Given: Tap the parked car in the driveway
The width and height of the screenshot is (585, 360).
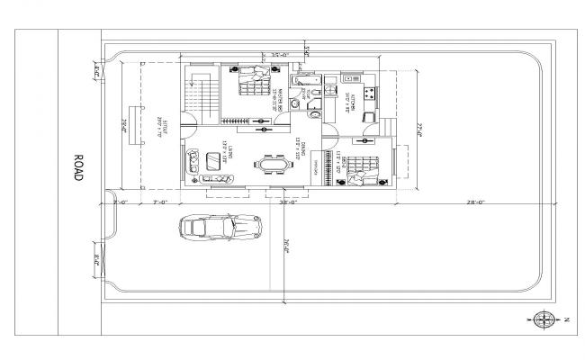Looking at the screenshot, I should point(220,228).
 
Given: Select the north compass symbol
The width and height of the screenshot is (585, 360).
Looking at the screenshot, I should point(544,318).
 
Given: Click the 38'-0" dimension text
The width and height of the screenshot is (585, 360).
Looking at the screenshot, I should point(288,204).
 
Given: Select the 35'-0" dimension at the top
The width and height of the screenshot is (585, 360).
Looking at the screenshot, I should point(266,56).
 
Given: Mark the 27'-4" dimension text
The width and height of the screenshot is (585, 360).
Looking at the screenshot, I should point(419,130).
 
